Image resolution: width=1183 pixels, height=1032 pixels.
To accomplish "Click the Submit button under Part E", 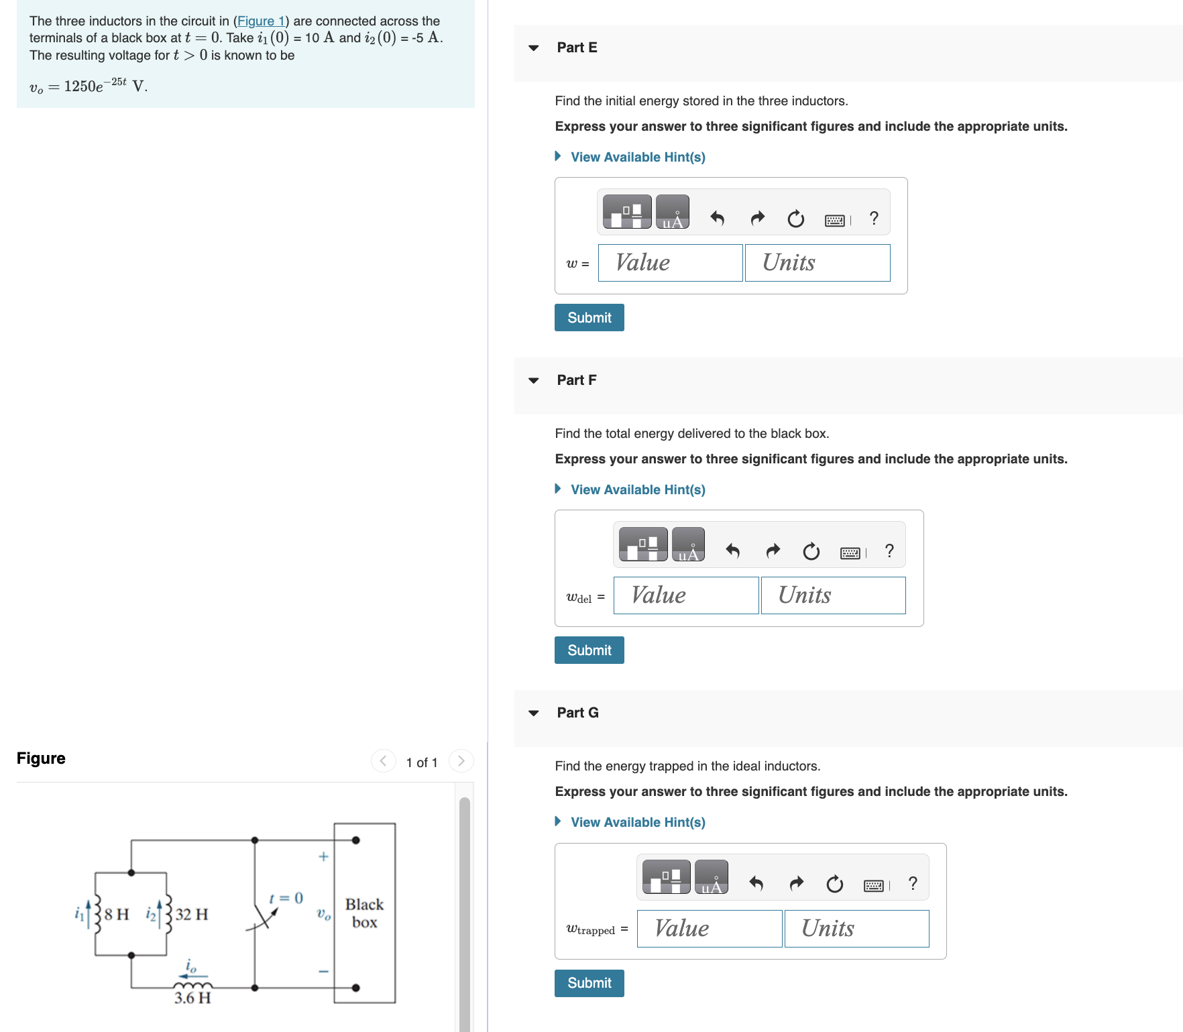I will (589, 317).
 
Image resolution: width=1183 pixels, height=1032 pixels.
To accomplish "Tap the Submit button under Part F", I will (589, 650).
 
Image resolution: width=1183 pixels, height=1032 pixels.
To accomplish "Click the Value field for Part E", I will (670, 263).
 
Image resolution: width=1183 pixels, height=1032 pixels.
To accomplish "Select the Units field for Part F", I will (833, 595).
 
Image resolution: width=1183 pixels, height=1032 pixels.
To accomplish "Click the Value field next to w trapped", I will (709, 929).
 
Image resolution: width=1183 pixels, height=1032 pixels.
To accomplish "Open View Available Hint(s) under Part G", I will (637, 822).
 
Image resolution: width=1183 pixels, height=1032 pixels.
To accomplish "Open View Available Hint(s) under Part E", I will (637, 157).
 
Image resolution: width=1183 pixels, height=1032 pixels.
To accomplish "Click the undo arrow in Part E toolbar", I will (717, 218).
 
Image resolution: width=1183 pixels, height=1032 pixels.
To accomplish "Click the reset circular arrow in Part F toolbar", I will (811, 551).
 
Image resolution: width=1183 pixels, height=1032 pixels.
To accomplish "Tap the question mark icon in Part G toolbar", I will (912, 884).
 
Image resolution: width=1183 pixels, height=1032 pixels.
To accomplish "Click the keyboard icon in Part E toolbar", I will (835, 220).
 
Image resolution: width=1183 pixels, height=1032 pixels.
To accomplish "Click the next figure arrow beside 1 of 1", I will (461, 761).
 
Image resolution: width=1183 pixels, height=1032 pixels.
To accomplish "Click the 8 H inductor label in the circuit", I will (117, 914).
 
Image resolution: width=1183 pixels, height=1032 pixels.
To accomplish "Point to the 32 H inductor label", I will (192, 914).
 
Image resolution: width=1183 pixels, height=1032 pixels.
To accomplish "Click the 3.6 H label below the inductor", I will (192, 998).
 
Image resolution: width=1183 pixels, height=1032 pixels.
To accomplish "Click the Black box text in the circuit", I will (364, 913).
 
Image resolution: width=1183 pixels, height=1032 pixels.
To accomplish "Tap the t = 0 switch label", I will (286, 898).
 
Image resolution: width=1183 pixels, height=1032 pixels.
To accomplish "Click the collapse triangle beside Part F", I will (534, 380).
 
